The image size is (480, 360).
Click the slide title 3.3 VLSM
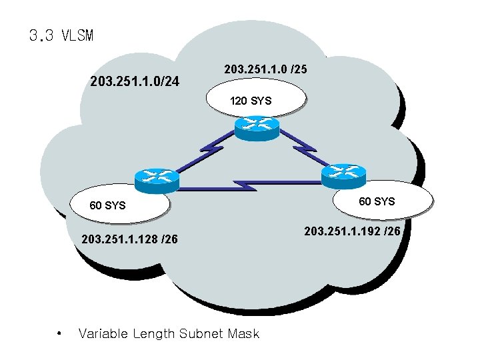click(x=61, y=35)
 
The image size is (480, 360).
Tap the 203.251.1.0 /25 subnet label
click(x=265, y=69)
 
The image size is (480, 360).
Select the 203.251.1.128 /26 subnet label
click(x=129, y=239)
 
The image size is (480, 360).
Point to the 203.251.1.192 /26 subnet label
click(x=352, y=231)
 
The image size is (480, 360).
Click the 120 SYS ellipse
click(x=251, y=101)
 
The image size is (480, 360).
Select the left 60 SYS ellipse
click(x=113, y=205)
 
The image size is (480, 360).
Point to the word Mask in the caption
click(x=244, y=333)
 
